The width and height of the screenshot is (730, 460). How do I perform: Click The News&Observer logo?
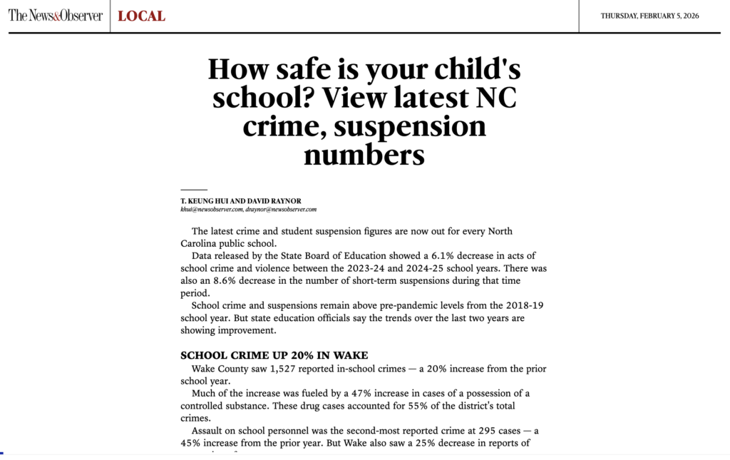coord(56,16)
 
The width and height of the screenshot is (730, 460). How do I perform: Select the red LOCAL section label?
coord(141,16)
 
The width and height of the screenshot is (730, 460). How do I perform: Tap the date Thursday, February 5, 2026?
coord(649,16)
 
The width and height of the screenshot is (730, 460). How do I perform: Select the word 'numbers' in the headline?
coord(364,155)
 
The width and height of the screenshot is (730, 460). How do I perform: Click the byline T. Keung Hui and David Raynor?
coord(241,201)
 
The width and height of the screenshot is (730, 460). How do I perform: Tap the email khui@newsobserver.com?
coord(212,210)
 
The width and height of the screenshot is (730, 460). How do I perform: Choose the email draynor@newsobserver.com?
coord(281,210)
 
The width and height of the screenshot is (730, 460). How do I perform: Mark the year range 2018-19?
coord(523,306)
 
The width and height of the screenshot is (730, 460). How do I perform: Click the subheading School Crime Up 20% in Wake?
coord(274,355)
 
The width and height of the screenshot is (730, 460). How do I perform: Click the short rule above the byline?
coord(193,190)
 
